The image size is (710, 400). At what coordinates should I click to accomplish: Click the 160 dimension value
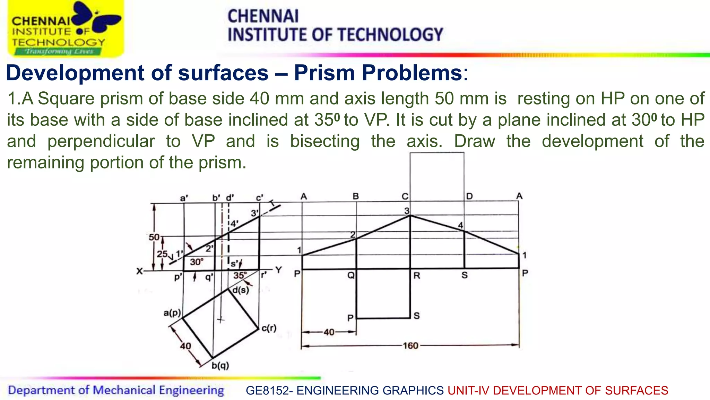410,346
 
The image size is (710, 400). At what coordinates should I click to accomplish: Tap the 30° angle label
197,262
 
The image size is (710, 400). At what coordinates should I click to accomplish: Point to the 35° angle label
240,275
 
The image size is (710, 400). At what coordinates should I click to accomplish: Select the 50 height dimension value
154,237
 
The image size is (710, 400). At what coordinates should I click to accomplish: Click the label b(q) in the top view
220,365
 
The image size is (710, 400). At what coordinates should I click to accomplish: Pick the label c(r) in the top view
269,328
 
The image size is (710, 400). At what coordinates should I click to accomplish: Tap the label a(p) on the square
172,313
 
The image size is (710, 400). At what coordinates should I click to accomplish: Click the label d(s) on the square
241,290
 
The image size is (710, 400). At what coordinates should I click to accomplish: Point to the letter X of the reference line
139,271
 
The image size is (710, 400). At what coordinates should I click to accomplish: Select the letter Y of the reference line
279,270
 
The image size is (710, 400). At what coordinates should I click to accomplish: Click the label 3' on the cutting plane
255,213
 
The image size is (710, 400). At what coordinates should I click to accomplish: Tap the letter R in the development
417,276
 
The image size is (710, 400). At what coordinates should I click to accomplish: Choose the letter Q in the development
351,276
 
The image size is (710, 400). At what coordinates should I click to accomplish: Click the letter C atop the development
405,197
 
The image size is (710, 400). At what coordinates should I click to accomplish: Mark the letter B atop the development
356,196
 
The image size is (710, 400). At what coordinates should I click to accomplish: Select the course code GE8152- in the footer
269,391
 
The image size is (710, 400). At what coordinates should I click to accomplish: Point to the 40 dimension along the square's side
185,346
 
